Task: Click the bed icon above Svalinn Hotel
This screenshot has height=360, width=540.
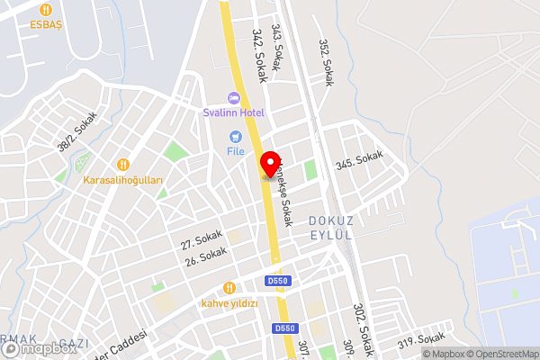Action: tap(233, 97)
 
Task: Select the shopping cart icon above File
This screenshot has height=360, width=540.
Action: tap(236, 137)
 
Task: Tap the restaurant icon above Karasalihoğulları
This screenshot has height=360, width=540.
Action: tap(123, 164)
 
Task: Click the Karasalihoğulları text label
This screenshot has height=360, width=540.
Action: tap(123, 180)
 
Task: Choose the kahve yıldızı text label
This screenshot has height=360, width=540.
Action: tap(229, 303)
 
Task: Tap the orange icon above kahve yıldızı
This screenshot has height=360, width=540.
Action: tap(229, 288)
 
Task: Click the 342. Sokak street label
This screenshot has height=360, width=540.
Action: tap(260, 56)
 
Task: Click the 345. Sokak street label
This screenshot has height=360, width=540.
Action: tap(359, 161)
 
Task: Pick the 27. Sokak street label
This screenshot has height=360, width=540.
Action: tap(201, 239)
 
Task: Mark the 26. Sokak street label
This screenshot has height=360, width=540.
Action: tap(204, 257)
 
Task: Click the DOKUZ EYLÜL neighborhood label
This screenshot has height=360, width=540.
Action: tap(328, 227)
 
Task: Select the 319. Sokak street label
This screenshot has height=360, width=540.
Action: tap(421, 341)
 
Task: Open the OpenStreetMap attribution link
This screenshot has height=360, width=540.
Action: tap(500, 354)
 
